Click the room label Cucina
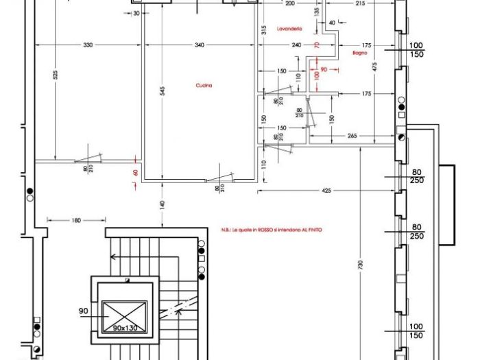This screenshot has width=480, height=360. [x=203, y=86]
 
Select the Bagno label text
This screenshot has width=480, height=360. [x=360, y=52]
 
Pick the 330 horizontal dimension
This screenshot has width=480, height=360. [x=88, y=45]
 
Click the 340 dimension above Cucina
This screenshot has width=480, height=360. [x=199, y=45]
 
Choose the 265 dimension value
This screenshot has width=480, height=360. [x=352, y=136]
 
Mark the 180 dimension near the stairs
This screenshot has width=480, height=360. [x=75, y=220]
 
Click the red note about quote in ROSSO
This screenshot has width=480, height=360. [x=272, y=230]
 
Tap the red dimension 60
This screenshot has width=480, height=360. [x=136, y=173]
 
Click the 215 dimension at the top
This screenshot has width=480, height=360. [x=361, y=3]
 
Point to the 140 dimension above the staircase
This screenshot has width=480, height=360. [x=163, y=204]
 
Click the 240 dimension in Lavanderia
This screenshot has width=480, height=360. [x=296, y=45]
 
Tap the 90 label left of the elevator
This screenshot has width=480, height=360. [x=83, y=311]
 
